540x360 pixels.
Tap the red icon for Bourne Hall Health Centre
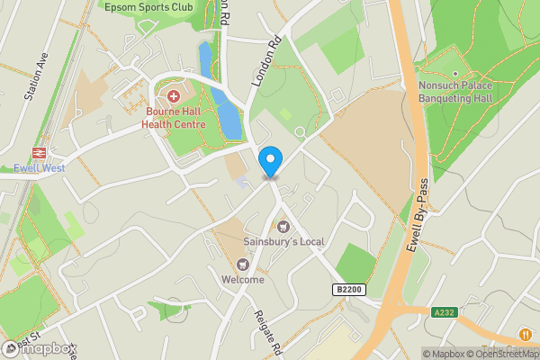tap(173, 94)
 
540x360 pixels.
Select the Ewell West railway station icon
tap(40, 153)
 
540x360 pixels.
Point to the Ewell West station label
tap(39, 167)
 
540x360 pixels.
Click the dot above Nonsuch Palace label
tap(455, 75)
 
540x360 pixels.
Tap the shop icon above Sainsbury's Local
tap(283, 227)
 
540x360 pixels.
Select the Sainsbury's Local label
tap(283, 242)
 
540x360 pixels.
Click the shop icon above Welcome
tap(242, 265)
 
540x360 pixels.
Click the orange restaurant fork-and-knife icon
tap(525, 335)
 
